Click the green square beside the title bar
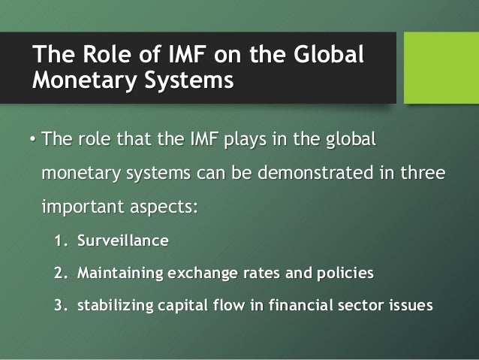click(441, 68)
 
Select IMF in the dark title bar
click(156, 56)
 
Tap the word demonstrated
click(318, 173)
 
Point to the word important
click(85, 205)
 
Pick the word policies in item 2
click(344, 273)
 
